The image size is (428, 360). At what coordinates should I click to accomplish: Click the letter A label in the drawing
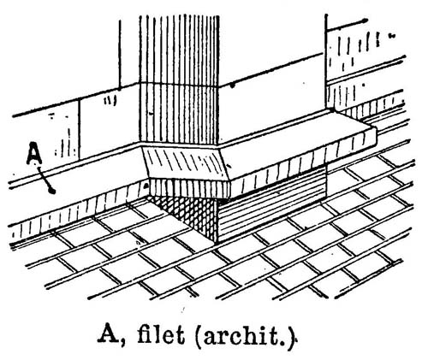[34, 153]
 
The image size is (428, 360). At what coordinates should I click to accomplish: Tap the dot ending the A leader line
[52, 191]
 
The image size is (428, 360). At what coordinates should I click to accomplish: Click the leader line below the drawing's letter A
[45, 180]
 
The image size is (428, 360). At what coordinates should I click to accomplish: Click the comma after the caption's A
[122, 341]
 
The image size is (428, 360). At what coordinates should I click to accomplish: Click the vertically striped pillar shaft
[179, 80]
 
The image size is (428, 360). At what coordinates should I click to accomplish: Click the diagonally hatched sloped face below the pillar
[187, 164]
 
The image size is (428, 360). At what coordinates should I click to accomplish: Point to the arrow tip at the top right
[366, 21]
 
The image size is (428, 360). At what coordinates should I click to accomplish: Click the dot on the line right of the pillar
[233, 85]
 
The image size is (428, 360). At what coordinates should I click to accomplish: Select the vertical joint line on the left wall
[79, 129]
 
